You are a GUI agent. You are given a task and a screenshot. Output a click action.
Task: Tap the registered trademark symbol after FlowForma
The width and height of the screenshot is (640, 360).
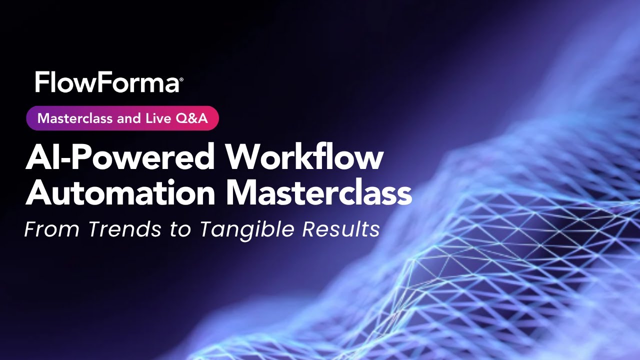181,79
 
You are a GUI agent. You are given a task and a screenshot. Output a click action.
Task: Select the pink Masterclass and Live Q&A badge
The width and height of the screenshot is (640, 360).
122,118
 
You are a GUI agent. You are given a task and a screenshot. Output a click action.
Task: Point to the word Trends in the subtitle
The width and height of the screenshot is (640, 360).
125,229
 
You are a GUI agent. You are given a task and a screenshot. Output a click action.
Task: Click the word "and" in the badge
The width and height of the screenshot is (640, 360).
127,118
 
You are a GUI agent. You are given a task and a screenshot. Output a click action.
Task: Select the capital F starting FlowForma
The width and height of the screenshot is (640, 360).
41,83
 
